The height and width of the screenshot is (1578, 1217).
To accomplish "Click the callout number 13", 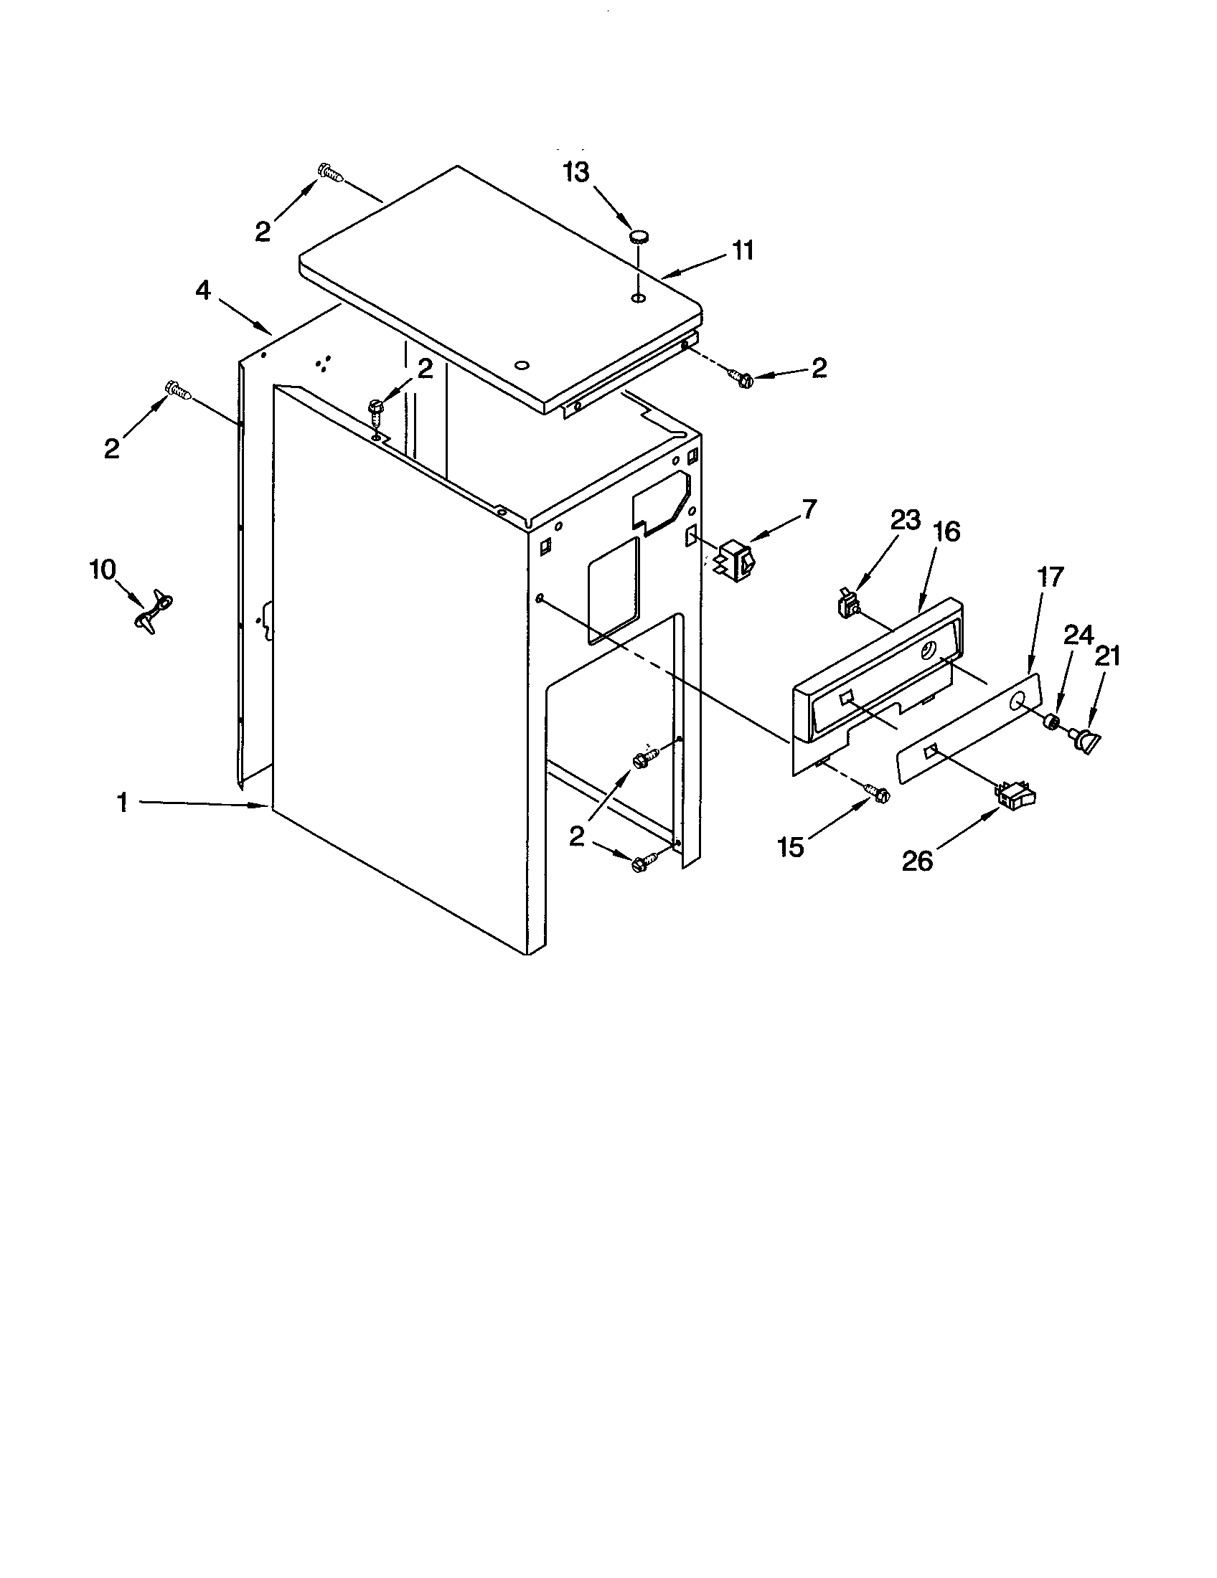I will [577, 174].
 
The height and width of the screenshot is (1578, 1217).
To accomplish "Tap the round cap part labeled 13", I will [639, 235].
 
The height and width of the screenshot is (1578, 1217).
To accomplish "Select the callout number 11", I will [742, 251].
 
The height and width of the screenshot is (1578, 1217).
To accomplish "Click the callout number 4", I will [204, 291].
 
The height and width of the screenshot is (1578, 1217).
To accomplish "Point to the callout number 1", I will [123, 803].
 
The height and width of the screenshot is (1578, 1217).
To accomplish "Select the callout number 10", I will [103, 570].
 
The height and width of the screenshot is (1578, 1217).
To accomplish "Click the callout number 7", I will [809, 509].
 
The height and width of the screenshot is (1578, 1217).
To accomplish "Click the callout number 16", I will [946, 531].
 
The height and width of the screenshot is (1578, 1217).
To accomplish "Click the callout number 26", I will [918, 861].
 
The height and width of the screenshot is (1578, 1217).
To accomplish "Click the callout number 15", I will [791, 847].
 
